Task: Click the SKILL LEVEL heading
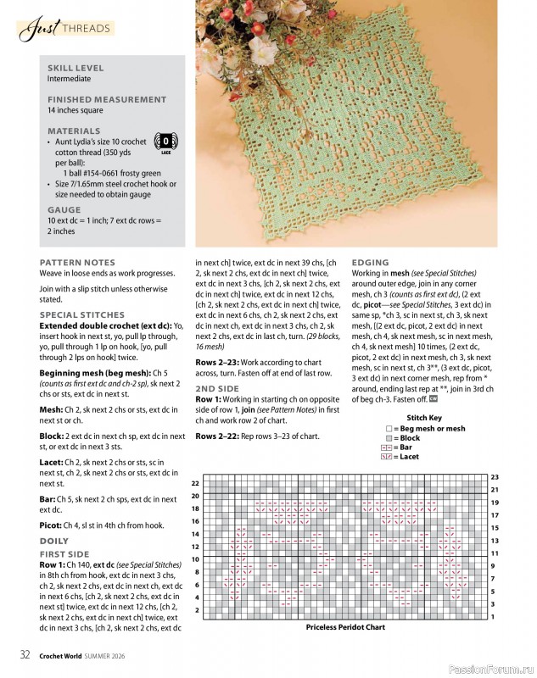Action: pos(76,68)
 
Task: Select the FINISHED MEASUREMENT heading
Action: pos(107,100)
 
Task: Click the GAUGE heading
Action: pos(64,209)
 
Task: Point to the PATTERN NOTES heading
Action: pos(77,263)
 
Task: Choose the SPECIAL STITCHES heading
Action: pos(81,314)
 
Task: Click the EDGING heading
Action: pos(370,263)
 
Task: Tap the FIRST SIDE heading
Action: pos(64,553)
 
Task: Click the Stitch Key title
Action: pos(424,418)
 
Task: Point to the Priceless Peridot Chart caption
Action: pos(345,628)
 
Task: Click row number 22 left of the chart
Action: pos(195,483)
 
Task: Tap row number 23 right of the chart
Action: pos(495,477)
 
